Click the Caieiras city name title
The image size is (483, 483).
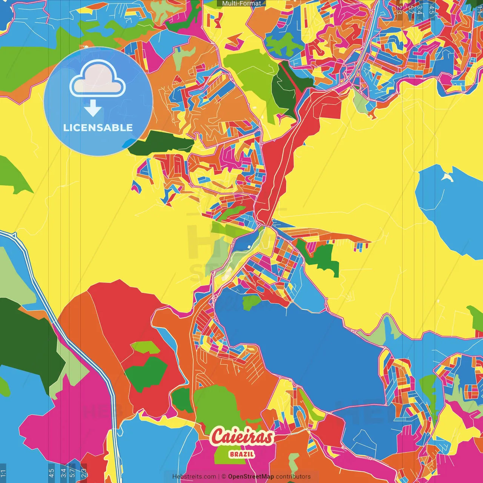[242, 437]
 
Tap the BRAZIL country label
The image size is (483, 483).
[242, 454]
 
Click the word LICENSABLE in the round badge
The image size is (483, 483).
[98, 128]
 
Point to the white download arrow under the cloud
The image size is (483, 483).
[93, 109]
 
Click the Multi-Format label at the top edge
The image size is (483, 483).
[241, 3]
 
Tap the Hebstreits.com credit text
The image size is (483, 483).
[194, 477]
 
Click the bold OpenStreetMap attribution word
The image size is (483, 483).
[251, 477]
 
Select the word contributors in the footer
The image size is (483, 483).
[293, 477]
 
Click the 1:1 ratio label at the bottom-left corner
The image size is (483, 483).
[3, 473]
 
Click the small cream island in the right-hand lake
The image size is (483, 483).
[448, 177]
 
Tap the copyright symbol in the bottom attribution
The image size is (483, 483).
[224, 477]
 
